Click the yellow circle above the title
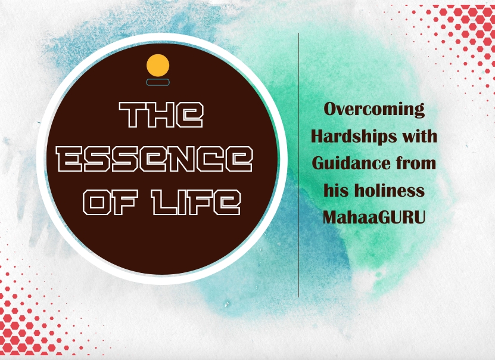[158, 66]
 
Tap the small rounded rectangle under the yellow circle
[158, 82]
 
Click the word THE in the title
[161, 114]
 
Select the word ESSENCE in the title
[155, 159]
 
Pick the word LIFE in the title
[196, 202]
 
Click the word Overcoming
[374, 110]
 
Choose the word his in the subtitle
[335, 190]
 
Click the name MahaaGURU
[374, 218]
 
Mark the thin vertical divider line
[298, 165]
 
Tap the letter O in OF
[96, 202]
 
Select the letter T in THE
[133, 114]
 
